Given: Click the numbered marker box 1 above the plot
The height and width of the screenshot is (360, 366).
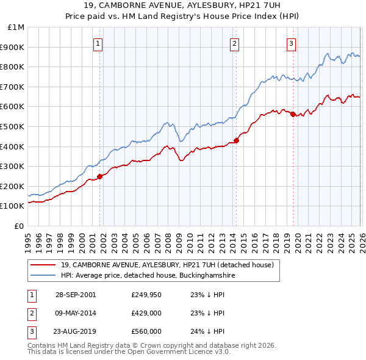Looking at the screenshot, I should [x=98, y=43].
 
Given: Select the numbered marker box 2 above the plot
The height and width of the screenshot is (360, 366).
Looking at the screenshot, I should [x=235, y=43].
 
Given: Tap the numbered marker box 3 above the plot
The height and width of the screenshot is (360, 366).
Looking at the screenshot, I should [x=292, y=43].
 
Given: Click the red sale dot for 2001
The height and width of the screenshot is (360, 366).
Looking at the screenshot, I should [x=100, y=176].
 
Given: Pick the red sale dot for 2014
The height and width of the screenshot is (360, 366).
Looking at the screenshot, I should [x=236, y=140].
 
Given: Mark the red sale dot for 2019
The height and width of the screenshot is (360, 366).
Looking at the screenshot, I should [x=293, y=114].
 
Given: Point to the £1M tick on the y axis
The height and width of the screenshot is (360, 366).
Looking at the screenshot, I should [x=16, y=27].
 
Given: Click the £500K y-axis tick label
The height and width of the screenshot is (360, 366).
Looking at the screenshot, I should [x=13, y=126].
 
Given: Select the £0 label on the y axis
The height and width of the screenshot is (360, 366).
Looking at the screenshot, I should [x=20, y=226].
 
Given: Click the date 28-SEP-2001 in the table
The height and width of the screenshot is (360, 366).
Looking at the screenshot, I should [x=76, y=294].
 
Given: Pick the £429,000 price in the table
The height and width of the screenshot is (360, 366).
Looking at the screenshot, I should [x=146, y=313].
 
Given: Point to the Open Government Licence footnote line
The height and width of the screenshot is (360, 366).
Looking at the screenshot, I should [x=129, y=352].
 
